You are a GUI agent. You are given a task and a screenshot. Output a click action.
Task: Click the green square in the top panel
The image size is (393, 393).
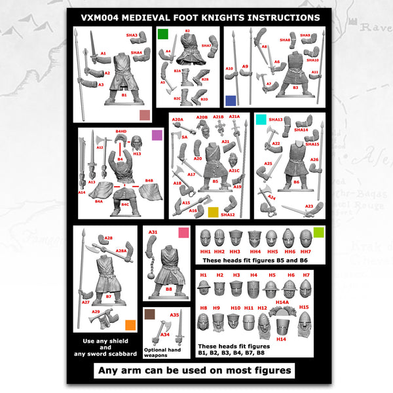(x=162, y=33)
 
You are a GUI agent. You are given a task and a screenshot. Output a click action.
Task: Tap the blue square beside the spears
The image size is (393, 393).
(x=230, y=100)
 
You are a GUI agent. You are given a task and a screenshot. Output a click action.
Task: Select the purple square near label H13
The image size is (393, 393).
(x=157, y=136)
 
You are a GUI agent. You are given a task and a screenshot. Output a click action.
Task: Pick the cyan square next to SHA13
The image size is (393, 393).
(x=261, y=119)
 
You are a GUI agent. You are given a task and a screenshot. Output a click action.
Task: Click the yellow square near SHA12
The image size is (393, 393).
(x=213, y=212)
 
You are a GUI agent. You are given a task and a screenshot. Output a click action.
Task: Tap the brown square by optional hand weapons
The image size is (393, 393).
(x=149, y=315)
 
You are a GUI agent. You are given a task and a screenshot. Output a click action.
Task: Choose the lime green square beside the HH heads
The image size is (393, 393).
(x=318, y=232)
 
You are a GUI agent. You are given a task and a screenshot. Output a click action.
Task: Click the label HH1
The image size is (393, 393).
(x=205, y=252)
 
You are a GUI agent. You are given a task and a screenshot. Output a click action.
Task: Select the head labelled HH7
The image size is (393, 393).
(x=305, y=238)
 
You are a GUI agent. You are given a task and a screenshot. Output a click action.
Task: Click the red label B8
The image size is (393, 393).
(x=168, y=289)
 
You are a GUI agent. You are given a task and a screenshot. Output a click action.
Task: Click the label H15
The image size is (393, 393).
(x=303, y=307)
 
